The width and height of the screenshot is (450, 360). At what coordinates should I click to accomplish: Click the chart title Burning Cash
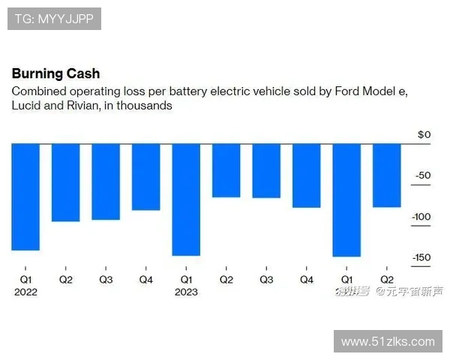[55, 74]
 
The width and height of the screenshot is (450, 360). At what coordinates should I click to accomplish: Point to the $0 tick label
[424, 135]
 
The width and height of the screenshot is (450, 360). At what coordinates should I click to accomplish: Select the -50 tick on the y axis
[424, 175]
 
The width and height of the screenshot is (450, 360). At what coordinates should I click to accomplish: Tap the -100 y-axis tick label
[421, 217]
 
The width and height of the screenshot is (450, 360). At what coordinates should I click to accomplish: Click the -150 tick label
[421, 258]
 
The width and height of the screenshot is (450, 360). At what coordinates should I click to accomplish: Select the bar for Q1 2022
[25, 196]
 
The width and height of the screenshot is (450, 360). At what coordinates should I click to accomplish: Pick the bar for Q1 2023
[186, 199]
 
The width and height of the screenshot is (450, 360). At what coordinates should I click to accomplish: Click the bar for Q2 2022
[65, 182]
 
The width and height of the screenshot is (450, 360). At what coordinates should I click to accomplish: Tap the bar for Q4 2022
[145, 177]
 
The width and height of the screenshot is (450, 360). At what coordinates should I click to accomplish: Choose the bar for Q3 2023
[266, 170]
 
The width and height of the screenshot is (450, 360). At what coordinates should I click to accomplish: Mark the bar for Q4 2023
[306, 175]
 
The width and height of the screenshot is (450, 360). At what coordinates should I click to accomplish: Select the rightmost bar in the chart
[386, 175]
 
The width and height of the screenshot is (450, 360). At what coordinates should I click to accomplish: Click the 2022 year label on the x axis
[25, 292]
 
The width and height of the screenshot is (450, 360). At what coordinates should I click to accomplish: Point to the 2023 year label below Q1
[186, 292]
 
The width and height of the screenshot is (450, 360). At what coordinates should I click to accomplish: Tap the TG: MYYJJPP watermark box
[54, 19]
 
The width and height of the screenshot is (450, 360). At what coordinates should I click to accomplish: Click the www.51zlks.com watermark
[388, 341]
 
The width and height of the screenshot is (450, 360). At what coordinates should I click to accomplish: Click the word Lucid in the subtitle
[26, 106]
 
